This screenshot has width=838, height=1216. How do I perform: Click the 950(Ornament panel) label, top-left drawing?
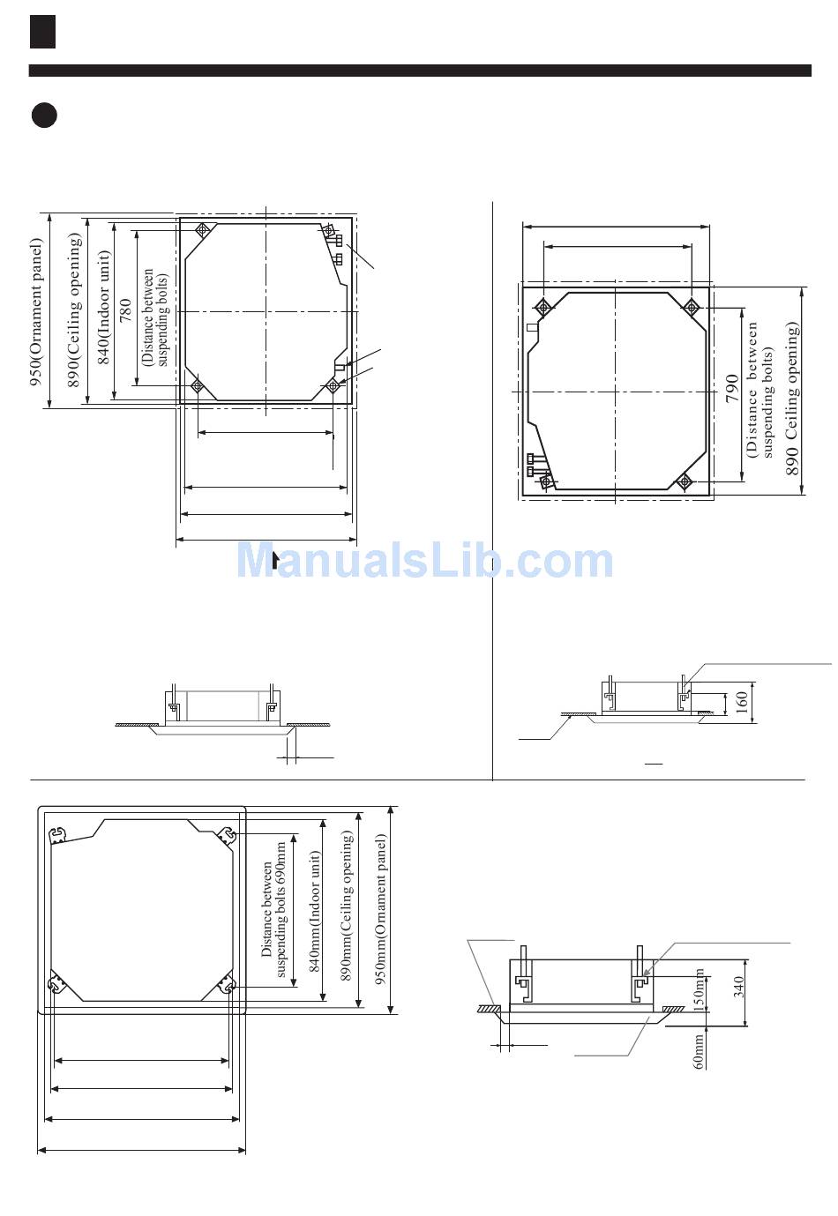(35, 312)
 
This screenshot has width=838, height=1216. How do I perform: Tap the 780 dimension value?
(125, 310)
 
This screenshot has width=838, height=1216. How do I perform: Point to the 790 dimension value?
(732, 388)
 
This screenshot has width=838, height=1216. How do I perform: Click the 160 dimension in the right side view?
(742, 702)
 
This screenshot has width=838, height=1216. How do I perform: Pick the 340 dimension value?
(738, 987)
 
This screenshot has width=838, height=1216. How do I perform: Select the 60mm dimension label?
(699, 1051)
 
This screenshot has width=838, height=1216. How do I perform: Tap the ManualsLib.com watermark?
(424, 561)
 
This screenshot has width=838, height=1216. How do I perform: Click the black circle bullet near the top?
(44, 115)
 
